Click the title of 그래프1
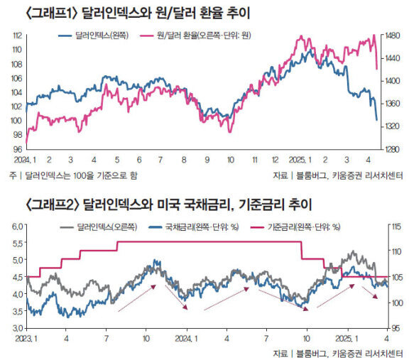[x=138, y=13]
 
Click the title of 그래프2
[x=168, y=204]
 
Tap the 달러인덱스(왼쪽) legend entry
[x=94, y=36]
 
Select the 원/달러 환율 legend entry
[x=196, y=36]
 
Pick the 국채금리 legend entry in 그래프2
[x=194, y=227]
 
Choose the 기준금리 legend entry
[x=295, y=227]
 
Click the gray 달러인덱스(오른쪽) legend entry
[x=98, y=227]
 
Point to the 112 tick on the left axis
[x=18, y=36]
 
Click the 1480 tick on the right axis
[x=392, y=36]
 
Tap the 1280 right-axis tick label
[x=392, y=149]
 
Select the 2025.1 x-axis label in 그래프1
[x=300, y=160]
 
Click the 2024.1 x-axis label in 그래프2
[x=186, y=339]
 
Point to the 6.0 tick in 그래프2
[x=18, y=227]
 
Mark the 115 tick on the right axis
[x=396, y=227]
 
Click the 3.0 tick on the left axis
[x=18, y=328]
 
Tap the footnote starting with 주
[x=73, y=175]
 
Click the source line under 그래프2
[x=338, y=354]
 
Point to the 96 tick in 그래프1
[x=18, y=149]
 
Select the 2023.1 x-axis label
[x=26, y=339]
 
